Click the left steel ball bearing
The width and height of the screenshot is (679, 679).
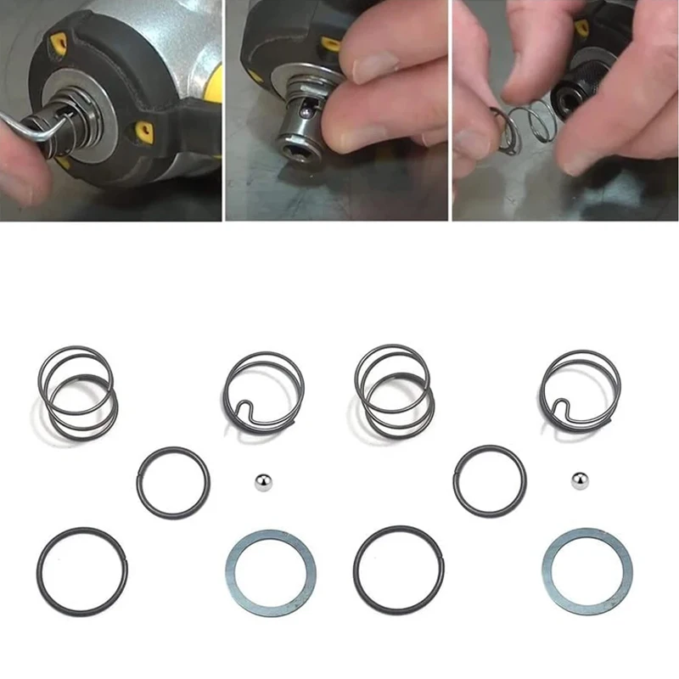pos(263,481)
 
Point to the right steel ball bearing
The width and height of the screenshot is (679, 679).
pos(581,480)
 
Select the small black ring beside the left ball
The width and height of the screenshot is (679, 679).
pos(172,482)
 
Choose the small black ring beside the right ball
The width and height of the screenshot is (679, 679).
pos(489,480)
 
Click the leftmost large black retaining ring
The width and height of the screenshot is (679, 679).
pos(82,571)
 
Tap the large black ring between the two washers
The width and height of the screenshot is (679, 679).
pos(399,570)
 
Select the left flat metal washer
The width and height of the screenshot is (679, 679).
pos(269,573)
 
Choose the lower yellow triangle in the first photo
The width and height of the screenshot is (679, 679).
pos(145,130)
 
